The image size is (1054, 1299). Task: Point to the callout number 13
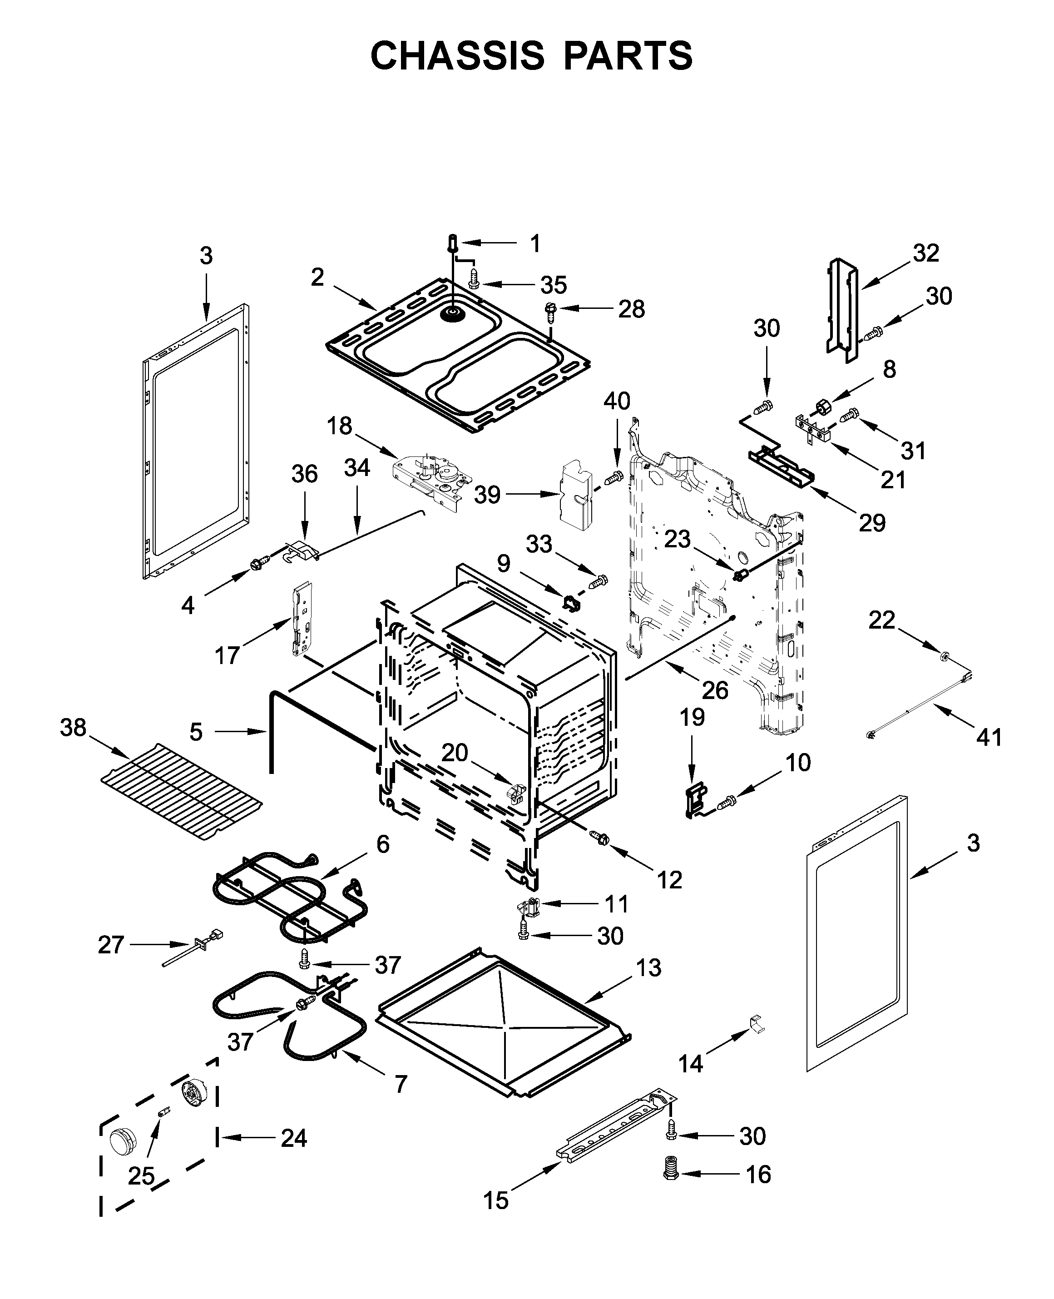[649, 968]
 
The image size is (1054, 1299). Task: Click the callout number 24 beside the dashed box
[294, 1138]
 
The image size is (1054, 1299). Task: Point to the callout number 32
[926, 253]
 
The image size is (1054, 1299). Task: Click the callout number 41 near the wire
[989, 738]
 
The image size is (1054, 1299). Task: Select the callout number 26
[715, 690]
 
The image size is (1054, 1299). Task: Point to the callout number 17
[227, 656]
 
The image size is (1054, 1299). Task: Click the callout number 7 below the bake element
[401, 1084]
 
